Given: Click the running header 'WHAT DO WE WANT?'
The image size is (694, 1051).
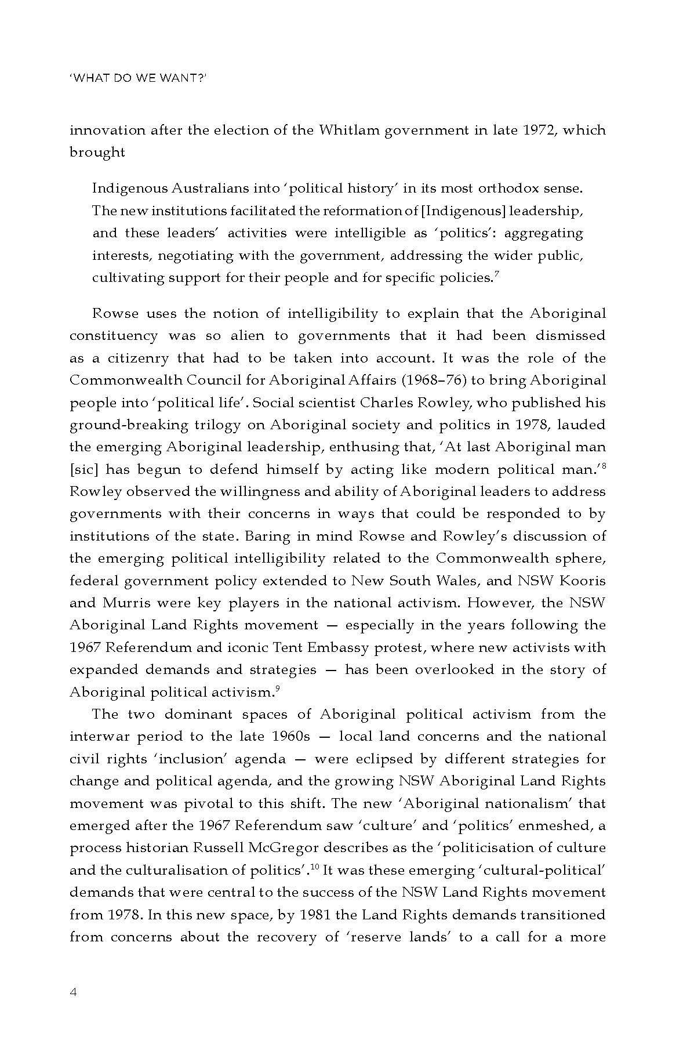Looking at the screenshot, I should click(138, 78).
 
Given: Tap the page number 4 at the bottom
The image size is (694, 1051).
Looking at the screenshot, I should click(73, 991).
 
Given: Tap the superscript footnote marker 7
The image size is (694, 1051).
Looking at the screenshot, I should click(496, 274).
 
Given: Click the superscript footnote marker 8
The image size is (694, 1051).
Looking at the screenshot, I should click(603, 465).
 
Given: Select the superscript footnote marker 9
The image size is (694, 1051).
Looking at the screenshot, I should click(278, 688).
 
